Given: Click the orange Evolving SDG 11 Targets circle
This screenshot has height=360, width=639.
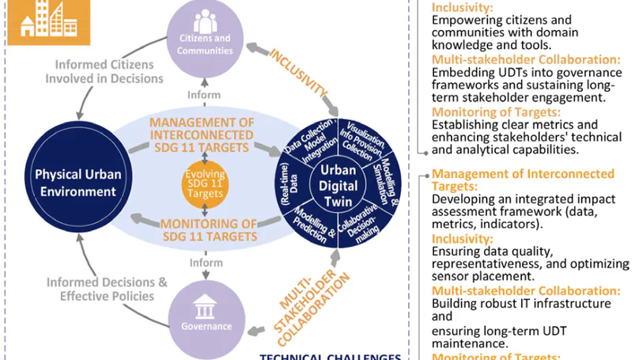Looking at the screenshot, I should pyautogui.click(x=205, y=185).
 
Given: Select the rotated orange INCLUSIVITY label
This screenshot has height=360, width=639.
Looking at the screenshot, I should pyautogui.click(x=298, y=75).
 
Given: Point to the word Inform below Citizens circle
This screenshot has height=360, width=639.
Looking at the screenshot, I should pyautogui.click(x=204, y=95).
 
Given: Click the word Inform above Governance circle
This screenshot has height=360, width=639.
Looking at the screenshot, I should pyautogui.click(x=204, y=263).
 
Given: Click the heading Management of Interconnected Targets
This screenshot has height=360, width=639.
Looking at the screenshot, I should pyautogui.click(x=522, y=180).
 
